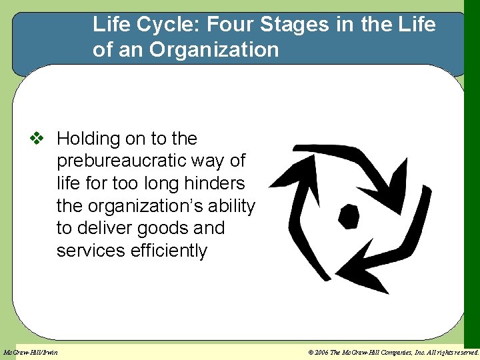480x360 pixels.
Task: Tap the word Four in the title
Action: point(230,25)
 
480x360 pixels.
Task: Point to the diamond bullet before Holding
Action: point(37,139)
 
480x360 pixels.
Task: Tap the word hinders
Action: point(213,183)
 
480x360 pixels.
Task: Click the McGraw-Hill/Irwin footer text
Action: point(31,352)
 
